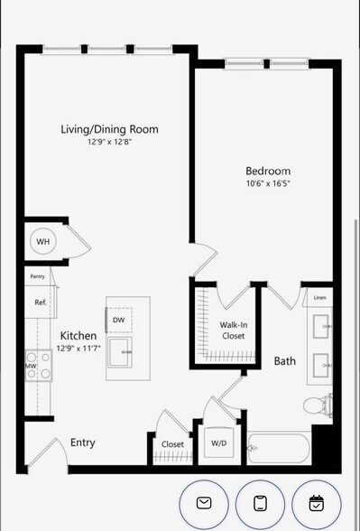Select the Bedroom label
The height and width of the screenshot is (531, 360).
click(268, 171)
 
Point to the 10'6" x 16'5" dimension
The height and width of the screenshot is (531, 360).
click(268, 183)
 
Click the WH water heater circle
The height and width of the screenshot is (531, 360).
click(42, 241)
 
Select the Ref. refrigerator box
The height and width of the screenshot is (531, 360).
click(41, 302)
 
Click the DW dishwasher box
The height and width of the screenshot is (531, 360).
click(119, 320)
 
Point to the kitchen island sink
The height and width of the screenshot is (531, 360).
click(122, 351)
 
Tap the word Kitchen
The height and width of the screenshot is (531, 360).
click(78, 335)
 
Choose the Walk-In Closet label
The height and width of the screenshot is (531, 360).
click(234, 330)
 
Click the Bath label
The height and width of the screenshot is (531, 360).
click(285, 361)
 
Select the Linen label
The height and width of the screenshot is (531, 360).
click(319, 297)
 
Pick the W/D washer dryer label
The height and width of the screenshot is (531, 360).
click(219, 443)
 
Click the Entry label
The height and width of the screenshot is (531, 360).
click(83, 442)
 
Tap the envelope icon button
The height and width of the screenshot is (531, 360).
click(205, 502)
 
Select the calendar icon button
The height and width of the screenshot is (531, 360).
click(316, 502)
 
